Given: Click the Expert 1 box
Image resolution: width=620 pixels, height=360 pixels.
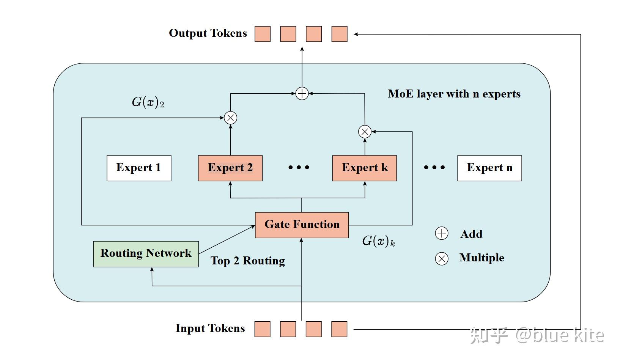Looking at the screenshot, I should tap(139, 168).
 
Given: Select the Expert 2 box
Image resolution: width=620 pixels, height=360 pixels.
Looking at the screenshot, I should tap(230, 168).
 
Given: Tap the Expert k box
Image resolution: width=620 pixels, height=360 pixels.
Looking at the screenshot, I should tap(364, 168).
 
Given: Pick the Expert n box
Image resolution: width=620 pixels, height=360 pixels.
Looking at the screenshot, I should tap(489, 168).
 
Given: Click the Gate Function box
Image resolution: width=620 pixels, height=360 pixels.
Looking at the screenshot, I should tap(302, 225).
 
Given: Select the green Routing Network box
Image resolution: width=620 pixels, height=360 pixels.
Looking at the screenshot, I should tap(146, 254).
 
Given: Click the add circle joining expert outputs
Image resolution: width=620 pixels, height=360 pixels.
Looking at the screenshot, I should tap(302, 93).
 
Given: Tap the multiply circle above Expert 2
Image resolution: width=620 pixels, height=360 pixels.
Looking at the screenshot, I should tap(230, 118).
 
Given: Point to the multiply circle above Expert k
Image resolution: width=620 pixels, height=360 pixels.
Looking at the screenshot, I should tap(365, 132).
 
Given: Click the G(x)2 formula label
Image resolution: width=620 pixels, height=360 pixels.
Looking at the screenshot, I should tap(148, 102).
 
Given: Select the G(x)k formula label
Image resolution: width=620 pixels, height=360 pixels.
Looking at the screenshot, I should tap(378, 241).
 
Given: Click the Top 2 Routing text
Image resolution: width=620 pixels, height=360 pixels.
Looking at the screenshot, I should tap(248, 261).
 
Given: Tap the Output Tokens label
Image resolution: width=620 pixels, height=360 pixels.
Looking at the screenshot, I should tap(208, 33).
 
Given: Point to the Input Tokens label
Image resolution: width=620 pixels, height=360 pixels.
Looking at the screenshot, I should tap(210, 329).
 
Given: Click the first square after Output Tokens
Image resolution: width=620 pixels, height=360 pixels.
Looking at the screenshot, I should tap(262, 34).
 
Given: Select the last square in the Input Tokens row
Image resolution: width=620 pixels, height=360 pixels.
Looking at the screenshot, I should tap(339, 329).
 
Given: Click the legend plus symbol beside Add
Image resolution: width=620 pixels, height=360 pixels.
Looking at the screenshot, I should tap(441, 233).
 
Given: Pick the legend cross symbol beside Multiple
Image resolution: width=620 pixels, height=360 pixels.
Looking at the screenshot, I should tap(441, 259).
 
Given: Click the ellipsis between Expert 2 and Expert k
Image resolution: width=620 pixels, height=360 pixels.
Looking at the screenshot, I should tap(299, 167).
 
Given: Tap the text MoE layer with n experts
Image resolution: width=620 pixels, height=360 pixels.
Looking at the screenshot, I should tap(454, 94).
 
